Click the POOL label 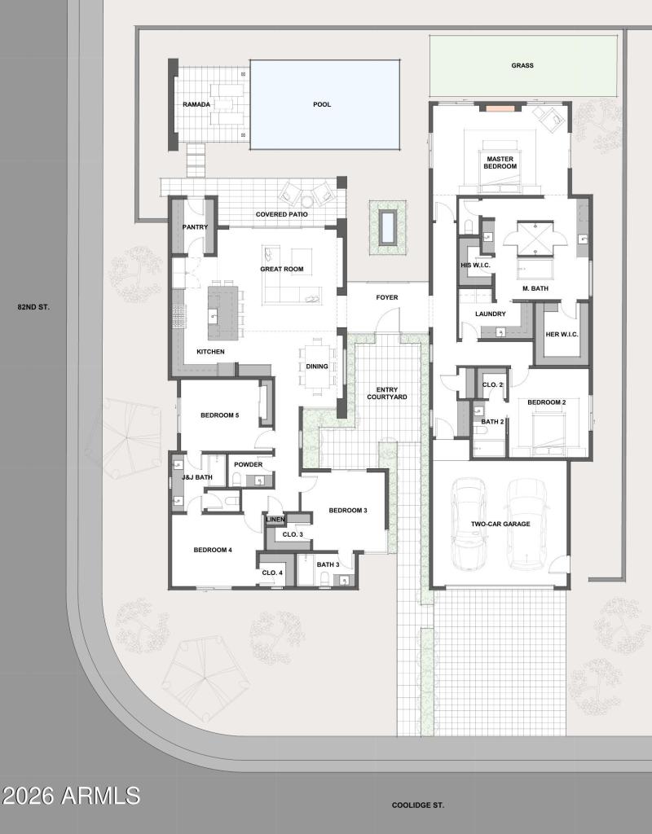coord(322,104)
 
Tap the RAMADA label coord(196,104)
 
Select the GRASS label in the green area coord(522,65)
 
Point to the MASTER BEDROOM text coord(500,162)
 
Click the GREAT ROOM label coord(281,269)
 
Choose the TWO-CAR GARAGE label coord(500,525)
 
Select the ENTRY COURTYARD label coord(386,393)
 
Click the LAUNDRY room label coord(491,314)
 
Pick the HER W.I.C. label coord(562,333)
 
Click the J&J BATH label coord(197,477)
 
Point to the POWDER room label coord(248,464)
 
